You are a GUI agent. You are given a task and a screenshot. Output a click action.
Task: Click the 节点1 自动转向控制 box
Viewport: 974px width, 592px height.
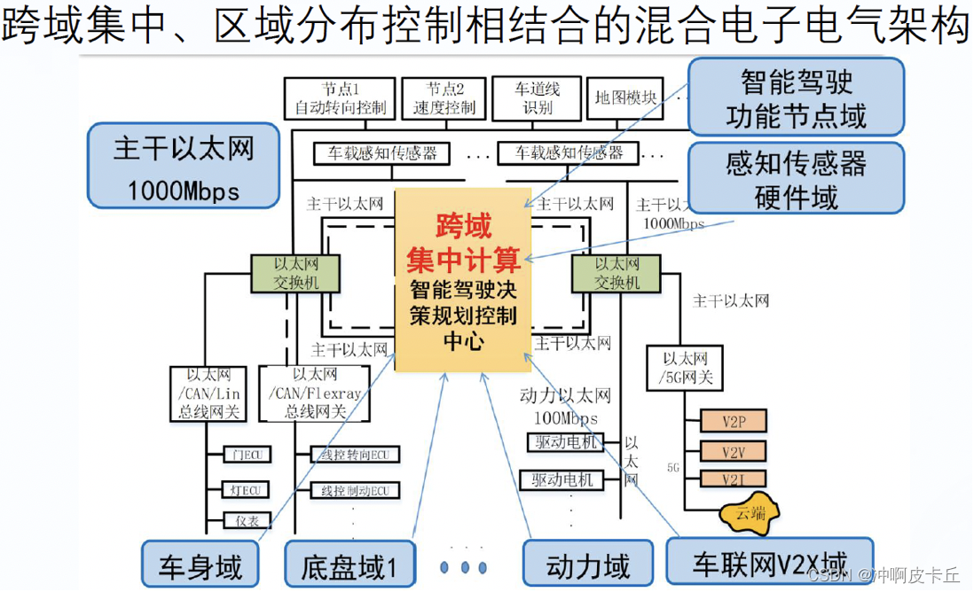point(340,98)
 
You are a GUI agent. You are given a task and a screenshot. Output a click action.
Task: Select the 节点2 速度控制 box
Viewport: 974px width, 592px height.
point(444,98)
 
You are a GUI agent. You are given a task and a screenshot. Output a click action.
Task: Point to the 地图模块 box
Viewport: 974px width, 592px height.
point(625,98)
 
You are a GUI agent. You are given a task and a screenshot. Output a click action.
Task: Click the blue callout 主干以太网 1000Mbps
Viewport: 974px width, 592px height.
point(184,166)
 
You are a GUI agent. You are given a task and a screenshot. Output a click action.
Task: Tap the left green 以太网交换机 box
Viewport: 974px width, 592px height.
point(296,273)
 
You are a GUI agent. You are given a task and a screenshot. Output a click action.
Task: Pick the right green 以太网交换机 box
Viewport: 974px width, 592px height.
point(617,273)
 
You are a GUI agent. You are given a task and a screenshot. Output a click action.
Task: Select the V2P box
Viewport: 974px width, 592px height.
point(733,421)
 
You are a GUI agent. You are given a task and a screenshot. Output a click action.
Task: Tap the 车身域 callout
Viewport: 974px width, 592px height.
point(201,565)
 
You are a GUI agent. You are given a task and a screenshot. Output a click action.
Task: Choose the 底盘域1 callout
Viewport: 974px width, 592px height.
point(349,565)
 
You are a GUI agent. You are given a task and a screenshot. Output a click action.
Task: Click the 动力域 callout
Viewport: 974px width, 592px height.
point(588,565)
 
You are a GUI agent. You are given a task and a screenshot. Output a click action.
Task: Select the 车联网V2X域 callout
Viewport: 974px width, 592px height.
point(769,562)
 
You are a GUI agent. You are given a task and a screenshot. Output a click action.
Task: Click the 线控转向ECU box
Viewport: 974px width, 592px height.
point(354,456)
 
